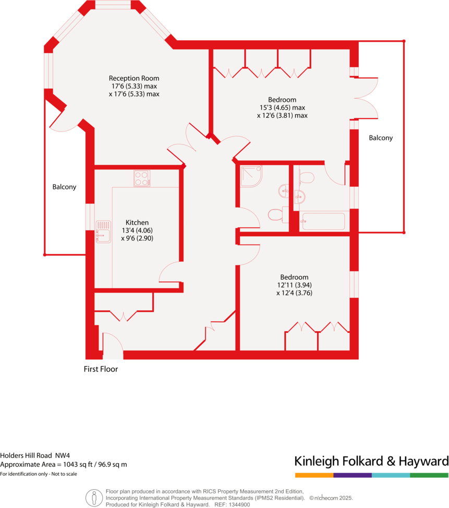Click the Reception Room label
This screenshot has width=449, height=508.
coord(134,78)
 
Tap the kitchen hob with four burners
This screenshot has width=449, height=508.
coord(142,178)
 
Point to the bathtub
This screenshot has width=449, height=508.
coord(323,221)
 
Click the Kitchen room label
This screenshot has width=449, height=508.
coord(137,222)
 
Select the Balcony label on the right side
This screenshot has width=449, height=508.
coord(381,138)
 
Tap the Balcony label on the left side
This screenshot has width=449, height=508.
coord(64,187)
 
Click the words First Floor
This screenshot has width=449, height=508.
coord(101,369)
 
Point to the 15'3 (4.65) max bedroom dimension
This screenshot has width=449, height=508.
coord(282,107)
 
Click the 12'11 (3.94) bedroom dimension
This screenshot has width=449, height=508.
coord(294,285)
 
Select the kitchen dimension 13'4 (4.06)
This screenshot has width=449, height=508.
coord(137,230)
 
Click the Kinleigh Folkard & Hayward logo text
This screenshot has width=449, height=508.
coord(371,462)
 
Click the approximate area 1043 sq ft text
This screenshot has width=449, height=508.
coord(64,464)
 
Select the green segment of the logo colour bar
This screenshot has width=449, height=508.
coord(429,475)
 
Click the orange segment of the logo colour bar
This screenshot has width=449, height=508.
coord(314,475)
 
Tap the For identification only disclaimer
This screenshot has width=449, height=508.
coord(39,474)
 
